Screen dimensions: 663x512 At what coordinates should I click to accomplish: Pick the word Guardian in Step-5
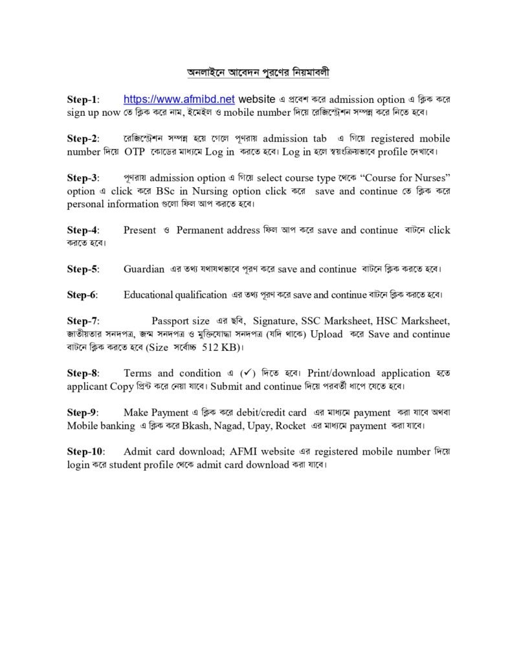(x=144, y=269)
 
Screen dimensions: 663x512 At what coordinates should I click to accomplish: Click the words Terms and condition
(x=172, y=373)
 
